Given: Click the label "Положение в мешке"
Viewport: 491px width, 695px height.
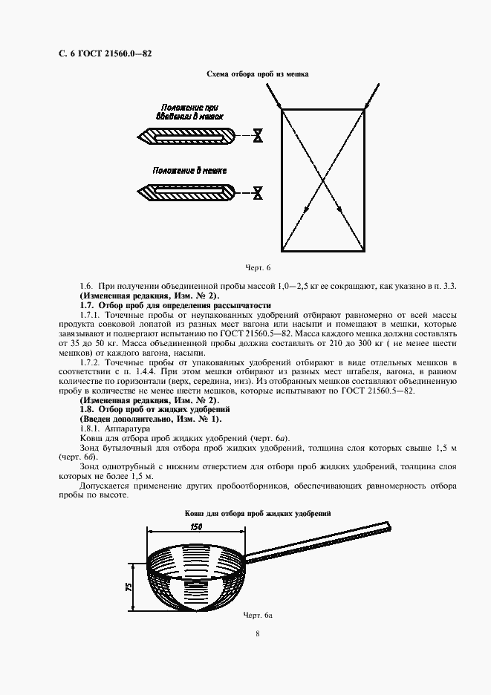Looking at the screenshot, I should click(189, 170).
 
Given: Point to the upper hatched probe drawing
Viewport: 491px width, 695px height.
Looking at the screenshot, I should click(186, 137).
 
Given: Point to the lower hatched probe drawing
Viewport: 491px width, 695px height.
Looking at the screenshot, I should click(186, 192).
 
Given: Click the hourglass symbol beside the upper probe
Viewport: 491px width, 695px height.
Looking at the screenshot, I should click(258, 137).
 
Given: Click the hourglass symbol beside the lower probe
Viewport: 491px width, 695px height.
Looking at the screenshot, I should click(258, 192).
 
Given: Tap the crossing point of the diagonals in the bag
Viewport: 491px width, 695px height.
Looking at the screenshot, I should click(323, 180).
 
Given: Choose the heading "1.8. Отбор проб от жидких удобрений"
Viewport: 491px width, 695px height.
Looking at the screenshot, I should click(155, 409).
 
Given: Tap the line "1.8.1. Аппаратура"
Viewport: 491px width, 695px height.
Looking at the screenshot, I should click(114, 428).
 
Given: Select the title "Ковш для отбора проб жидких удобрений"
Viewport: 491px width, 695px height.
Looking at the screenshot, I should click(257, 513).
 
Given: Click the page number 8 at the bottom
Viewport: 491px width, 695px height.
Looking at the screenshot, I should click(257, 633).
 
